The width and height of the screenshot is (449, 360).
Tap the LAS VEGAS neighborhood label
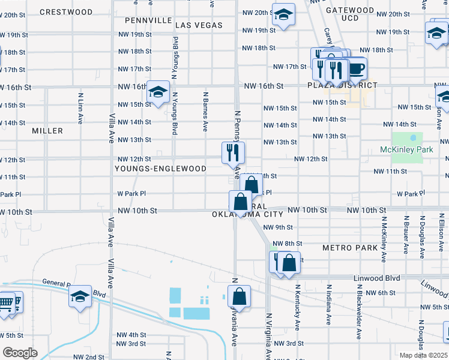[199, 25]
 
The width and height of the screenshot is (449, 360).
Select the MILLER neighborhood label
[47, 131]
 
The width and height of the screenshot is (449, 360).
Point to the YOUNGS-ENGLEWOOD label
[160, 169]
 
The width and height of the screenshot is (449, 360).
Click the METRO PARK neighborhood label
[350, 248]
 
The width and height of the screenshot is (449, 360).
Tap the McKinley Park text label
[406, 149]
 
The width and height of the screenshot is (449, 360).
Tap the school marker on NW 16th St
[158, 92]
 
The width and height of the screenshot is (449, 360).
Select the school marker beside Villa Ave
[80, 296]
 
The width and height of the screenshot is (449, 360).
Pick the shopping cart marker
[6, 302]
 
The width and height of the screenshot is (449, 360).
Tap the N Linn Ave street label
[80, 108]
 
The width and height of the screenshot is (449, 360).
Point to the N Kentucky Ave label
[297, 306]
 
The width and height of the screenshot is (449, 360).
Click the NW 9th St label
[282, 227]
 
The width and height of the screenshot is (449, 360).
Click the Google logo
[20, 353]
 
